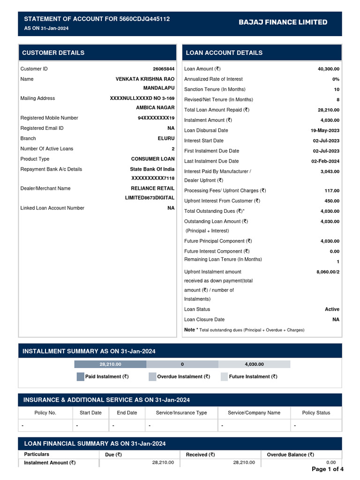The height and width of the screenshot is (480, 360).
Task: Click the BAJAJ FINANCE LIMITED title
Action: (283, 22)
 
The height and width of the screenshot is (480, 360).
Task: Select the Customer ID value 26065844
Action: (164, 69)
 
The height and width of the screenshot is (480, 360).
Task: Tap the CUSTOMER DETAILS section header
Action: (53, 52)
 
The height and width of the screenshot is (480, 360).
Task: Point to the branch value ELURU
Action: (166, 139)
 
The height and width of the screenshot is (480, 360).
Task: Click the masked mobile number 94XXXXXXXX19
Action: (156, 118)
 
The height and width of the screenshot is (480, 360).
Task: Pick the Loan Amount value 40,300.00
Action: (329, 69)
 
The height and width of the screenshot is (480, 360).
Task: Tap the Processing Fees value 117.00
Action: (332, 191)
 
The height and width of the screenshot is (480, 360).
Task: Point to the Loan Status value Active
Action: (332, 309)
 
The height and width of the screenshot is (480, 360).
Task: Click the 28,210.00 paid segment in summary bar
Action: (110, 364)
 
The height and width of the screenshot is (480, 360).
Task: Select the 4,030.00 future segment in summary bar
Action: (254, 364)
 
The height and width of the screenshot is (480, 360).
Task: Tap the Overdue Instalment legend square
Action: (152, 376)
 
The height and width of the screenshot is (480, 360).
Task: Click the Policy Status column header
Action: (316, 413)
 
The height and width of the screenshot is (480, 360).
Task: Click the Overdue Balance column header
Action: (290, 455)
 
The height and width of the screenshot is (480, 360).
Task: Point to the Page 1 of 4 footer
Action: (327, 469)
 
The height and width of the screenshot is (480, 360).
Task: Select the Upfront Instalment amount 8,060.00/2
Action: (328, 272)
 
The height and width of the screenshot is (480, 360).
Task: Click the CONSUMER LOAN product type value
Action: (152, 159)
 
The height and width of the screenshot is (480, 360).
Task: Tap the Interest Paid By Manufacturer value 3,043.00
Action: (330, 172)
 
